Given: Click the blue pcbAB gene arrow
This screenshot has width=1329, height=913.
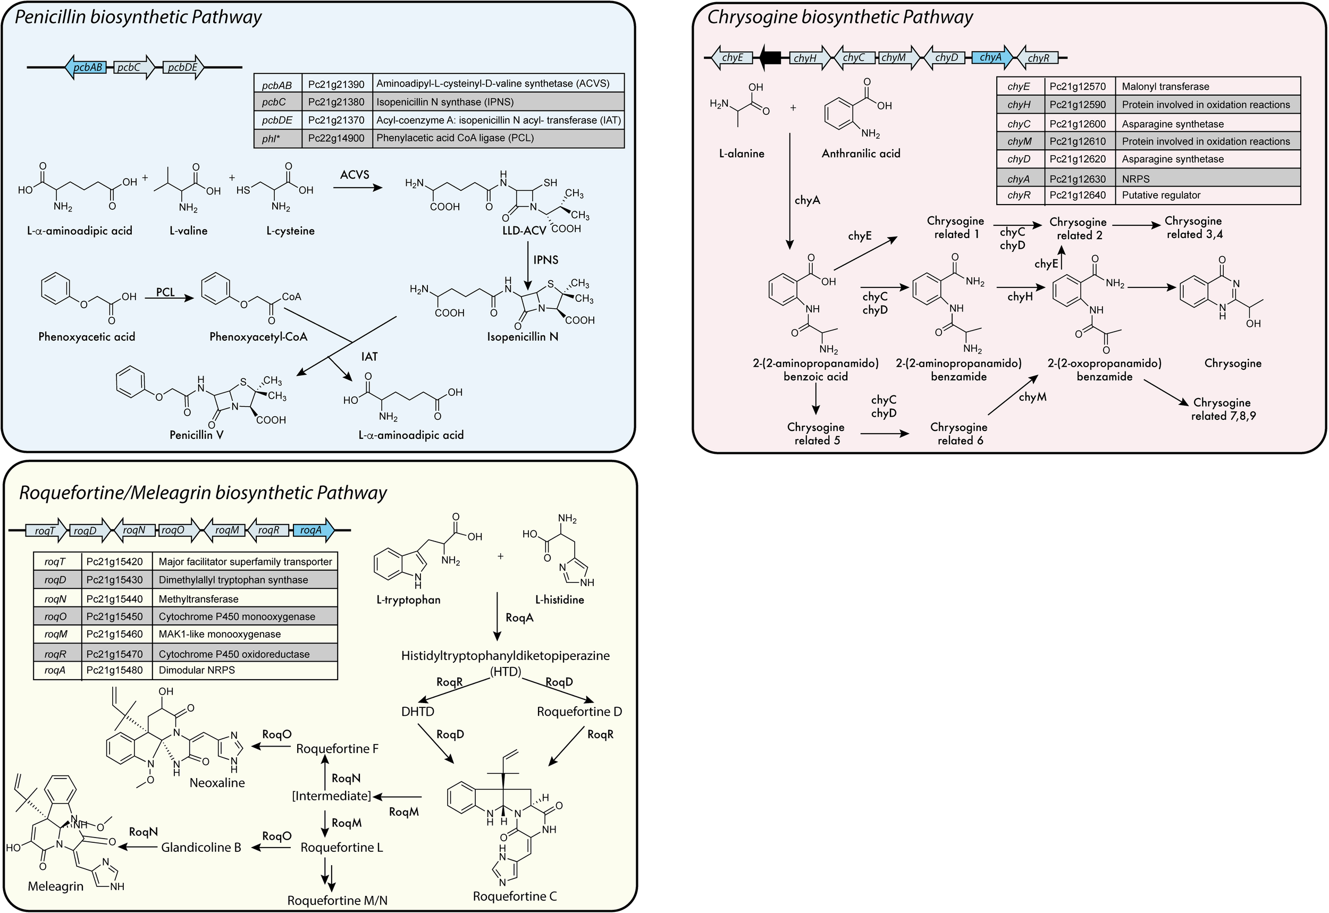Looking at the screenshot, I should pyautogui.click(x=86, y=67).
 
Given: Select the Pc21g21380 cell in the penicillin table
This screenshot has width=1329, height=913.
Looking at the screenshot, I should pyautogui.click(x=336, y=103).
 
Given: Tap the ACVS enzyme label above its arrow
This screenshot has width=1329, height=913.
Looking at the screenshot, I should pyautogui.click(x=355, y=175).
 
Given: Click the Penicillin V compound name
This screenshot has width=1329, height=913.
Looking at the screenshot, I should pyautogui.click(x=196, y=435).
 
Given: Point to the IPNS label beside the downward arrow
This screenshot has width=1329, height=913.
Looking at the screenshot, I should pyautogui.click(x=545, y=260).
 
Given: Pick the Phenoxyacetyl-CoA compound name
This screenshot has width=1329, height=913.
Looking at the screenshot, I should pyautogui.click(x=258, y=337).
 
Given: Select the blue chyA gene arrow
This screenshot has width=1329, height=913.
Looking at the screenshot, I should pyautogui.click(x=991, y=57).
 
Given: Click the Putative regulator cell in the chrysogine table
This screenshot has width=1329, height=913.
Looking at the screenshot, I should pyautogui.click(x=1161, y=195).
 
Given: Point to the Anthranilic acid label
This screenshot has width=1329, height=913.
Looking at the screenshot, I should pyautogui.click(x=861, y=153).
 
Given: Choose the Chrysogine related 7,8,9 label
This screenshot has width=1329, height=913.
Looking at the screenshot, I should pyautogui.click(x=1223, y=409).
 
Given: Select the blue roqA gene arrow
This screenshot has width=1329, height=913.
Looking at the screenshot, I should pyautogui.click(x=313, y=530).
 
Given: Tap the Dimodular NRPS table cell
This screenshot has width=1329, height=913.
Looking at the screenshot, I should pyautogui.click(x=197, y=670).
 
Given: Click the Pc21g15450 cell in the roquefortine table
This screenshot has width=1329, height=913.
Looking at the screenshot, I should pyautogui.click(x=114, y=616).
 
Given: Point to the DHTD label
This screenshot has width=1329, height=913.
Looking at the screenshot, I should pyautogui.click(x=418, y=712).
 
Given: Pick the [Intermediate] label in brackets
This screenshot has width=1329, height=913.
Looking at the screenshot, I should pyautogui.click(x=331, y=796).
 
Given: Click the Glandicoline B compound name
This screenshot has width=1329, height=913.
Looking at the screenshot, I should pyautogui.click(x=201, y=847).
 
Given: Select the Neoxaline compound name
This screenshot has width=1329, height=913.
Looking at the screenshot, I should pyautogui.click(x=217, y=783).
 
